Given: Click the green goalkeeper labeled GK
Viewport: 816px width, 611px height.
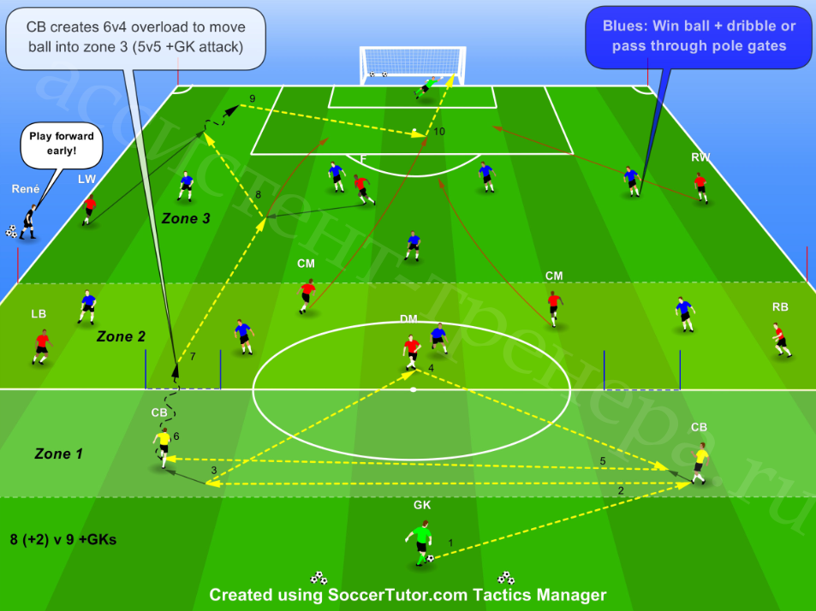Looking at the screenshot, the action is click(420, 543).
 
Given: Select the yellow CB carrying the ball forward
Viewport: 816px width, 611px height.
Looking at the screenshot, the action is click(164, 448).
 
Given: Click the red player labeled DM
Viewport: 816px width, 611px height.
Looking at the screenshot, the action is click(411, 352).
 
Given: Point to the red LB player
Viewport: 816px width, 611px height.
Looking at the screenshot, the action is click(41, 347).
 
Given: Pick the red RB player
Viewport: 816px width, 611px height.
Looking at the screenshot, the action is click(781, 340).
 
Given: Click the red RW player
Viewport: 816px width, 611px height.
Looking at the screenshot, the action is click(701, 187).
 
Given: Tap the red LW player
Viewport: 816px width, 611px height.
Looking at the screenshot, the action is click(88, 210).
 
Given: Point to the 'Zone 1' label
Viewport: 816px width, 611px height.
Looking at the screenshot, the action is click(58, 454).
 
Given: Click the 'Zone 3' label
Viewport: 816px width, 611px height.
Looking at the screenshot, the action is click(186, 218).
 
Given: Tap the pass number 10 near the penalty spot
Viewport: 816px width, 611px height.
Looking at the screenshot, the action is click(439, 132).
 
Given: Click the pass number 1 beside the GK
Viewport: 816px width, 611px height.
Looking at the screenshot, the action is click(450, 543).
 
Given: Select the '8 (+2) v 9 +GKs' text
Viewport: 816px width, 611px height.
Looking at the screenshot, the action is click(63, 540).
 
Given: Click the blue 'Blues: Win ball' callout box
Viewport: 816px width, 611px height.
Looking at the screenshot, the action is click(699, 37).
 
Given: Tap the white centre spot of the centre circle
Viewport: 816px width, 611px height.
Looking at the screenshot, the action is click(413, 389).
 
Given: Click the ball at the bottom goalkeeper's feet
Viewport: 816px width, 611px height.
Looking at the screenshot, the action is click(431, 559).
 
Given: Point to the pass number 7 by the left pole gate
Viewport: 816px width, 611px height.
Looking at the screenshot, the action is click(193, 356).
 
